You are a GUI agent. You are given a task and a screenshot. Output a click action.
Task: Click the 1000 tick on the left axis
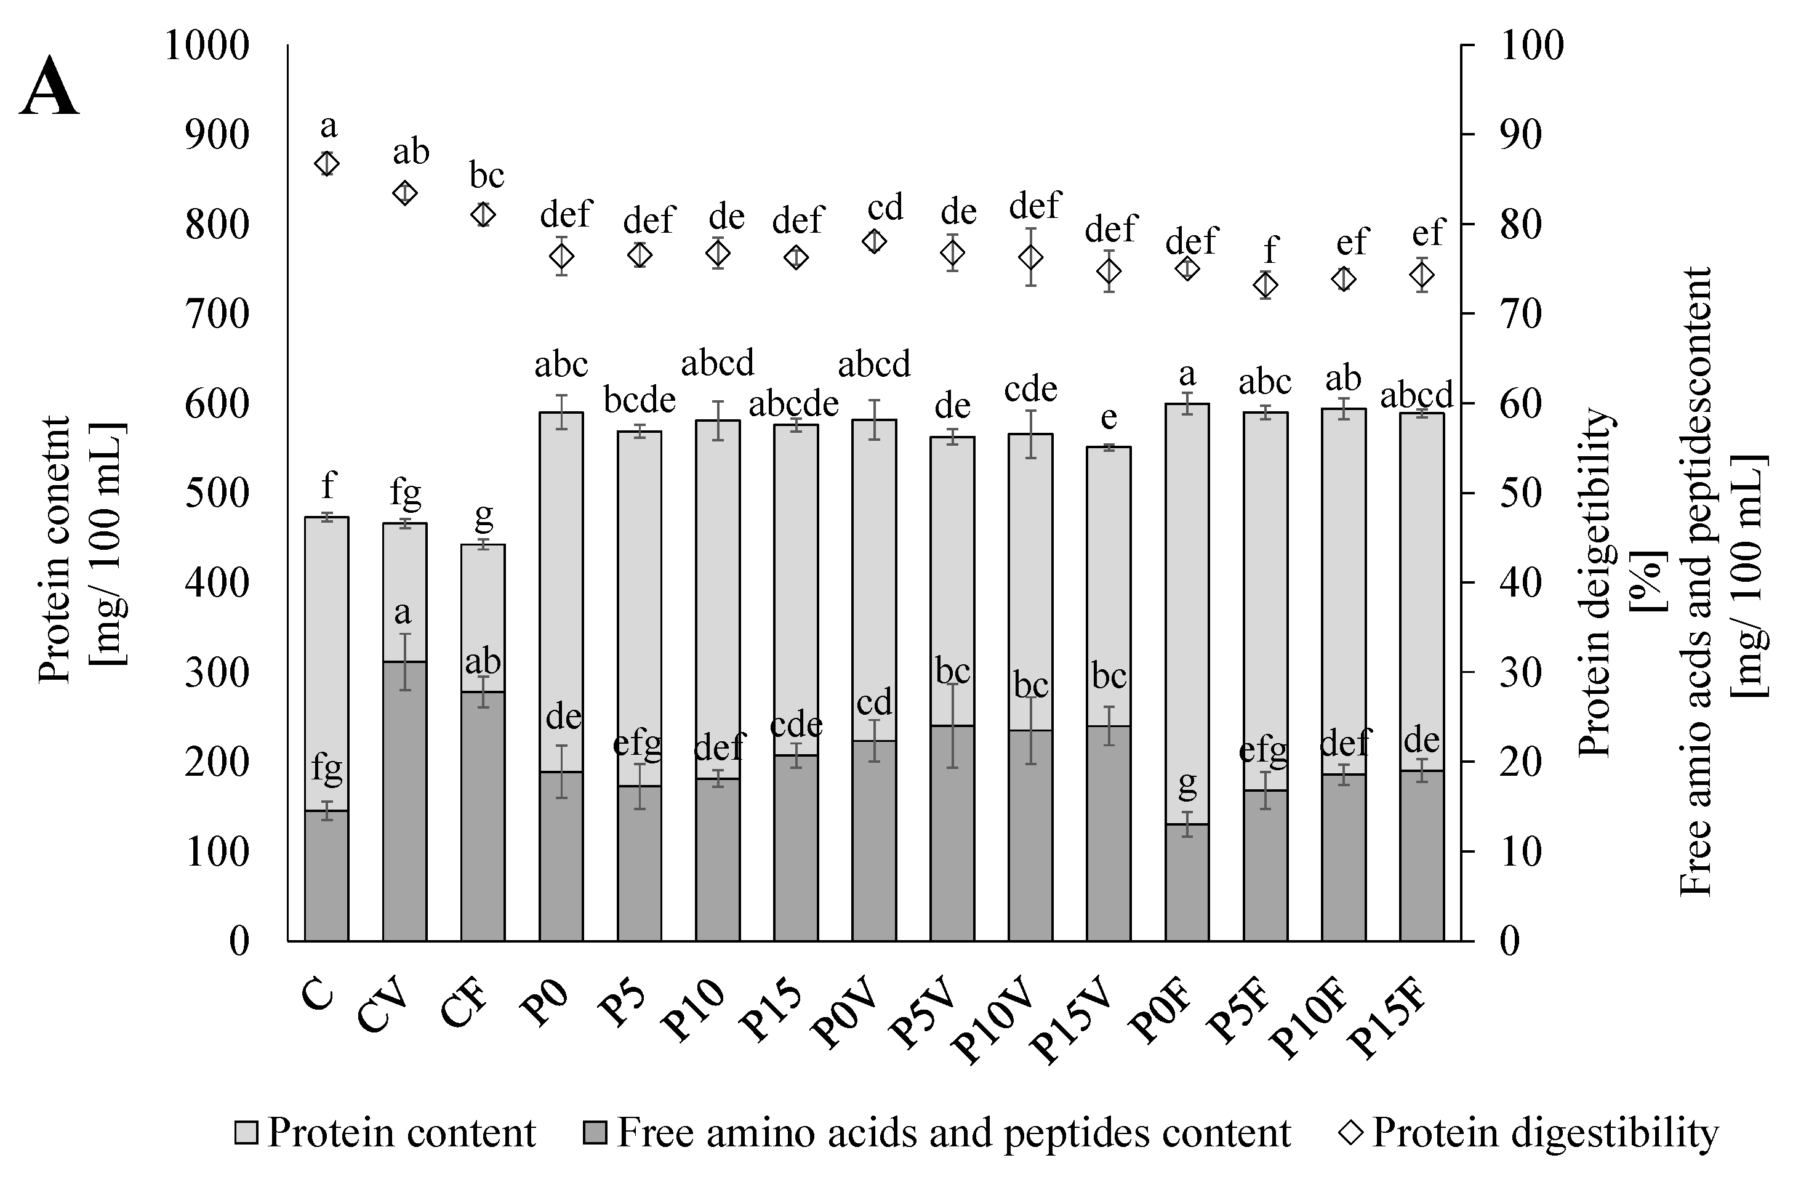pyautogui.click(x=206, y=46)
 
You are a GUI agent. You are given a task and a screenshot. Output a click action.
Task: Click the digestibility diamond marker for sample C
pyautogui.click(x=327, y=164)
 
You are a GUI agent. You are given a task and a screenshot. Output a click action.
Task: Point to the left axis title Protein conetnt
pyautogui.click(x=55, y=549)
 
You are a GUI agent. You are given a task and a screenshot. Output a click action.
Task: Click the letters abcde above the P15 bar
pyautogui.click(x=794, y=403)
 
